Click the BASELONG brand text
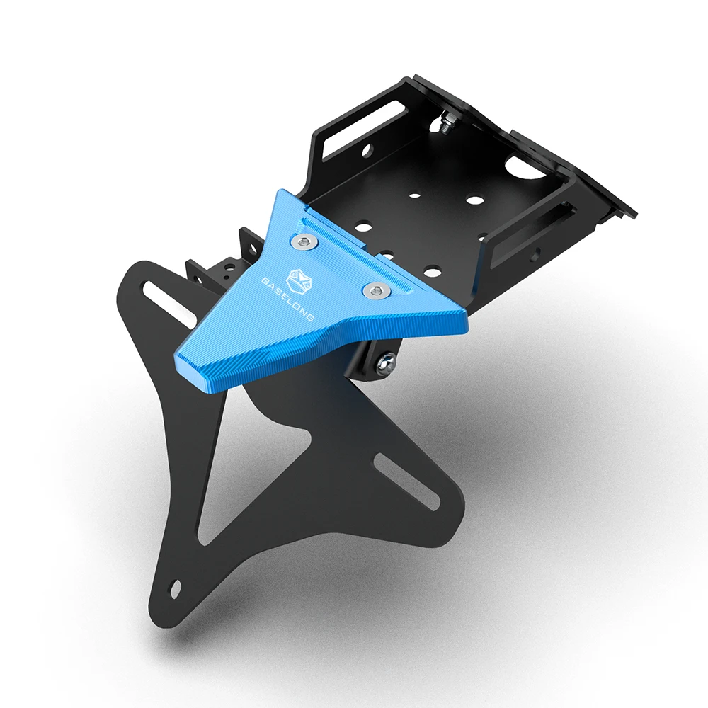pyautogui.click(x=287, y=299)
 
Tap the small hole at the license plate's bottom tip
pyautogui.click(x=175, y=588)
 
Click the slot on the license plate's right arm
pyautogui.click(x=408, y=481)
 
